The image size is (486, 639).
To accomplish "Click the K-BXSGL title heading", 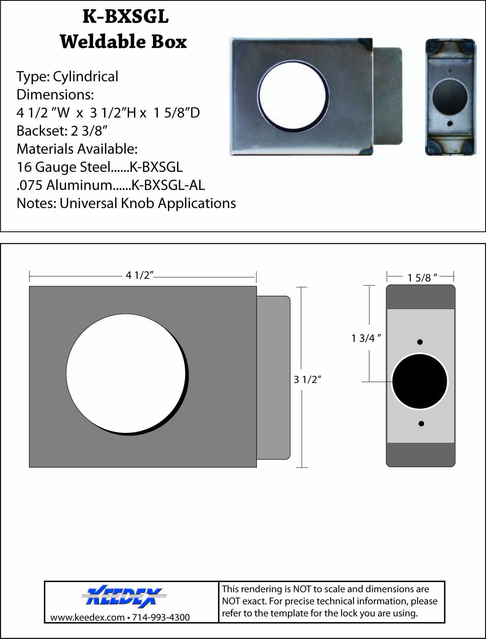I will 125,17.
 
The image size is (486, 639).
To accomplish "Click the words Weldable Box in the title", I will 123,41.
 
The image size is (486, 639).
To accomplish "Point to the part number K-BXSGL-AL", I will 168,185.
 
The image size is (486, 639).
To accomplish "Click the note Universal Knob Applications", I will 148,203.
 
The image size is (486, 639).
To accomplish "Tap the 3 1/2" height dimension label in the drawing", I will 308,379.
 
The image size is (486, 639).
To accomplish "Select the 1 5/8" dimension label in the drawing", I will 422,278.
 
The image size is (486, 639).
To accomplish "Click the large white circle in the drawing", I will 126,373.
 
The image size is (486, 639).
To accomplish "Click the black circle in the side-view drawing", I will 420,381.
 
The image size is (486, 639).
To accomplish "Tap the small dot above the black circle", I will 420,342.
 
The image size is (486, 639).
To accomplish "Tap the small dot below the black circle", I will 421,424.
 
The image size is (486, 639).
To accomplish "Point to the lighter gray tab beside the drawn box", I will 273,377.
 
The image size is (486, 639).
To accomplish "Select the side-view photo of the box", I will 450,97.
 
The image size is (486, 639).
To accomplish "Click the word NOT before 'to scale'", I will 302,590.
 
